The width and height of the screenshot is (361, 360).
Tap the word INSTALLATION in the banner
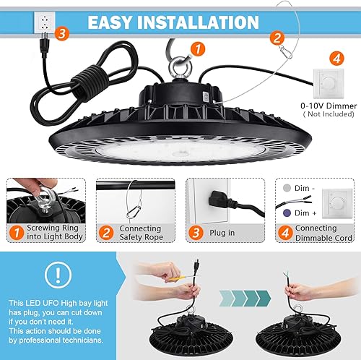coord(206,21)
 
